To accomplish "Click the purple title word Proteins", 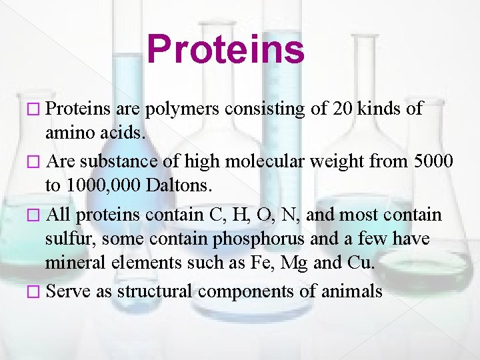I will [x=225, y=49].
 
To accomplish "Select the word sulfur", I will [x=70, y=239].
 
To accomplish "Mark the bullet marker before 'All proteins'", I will [x=37, y=215].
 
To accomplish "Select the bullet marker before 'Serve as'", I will [x=37, y=292].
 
